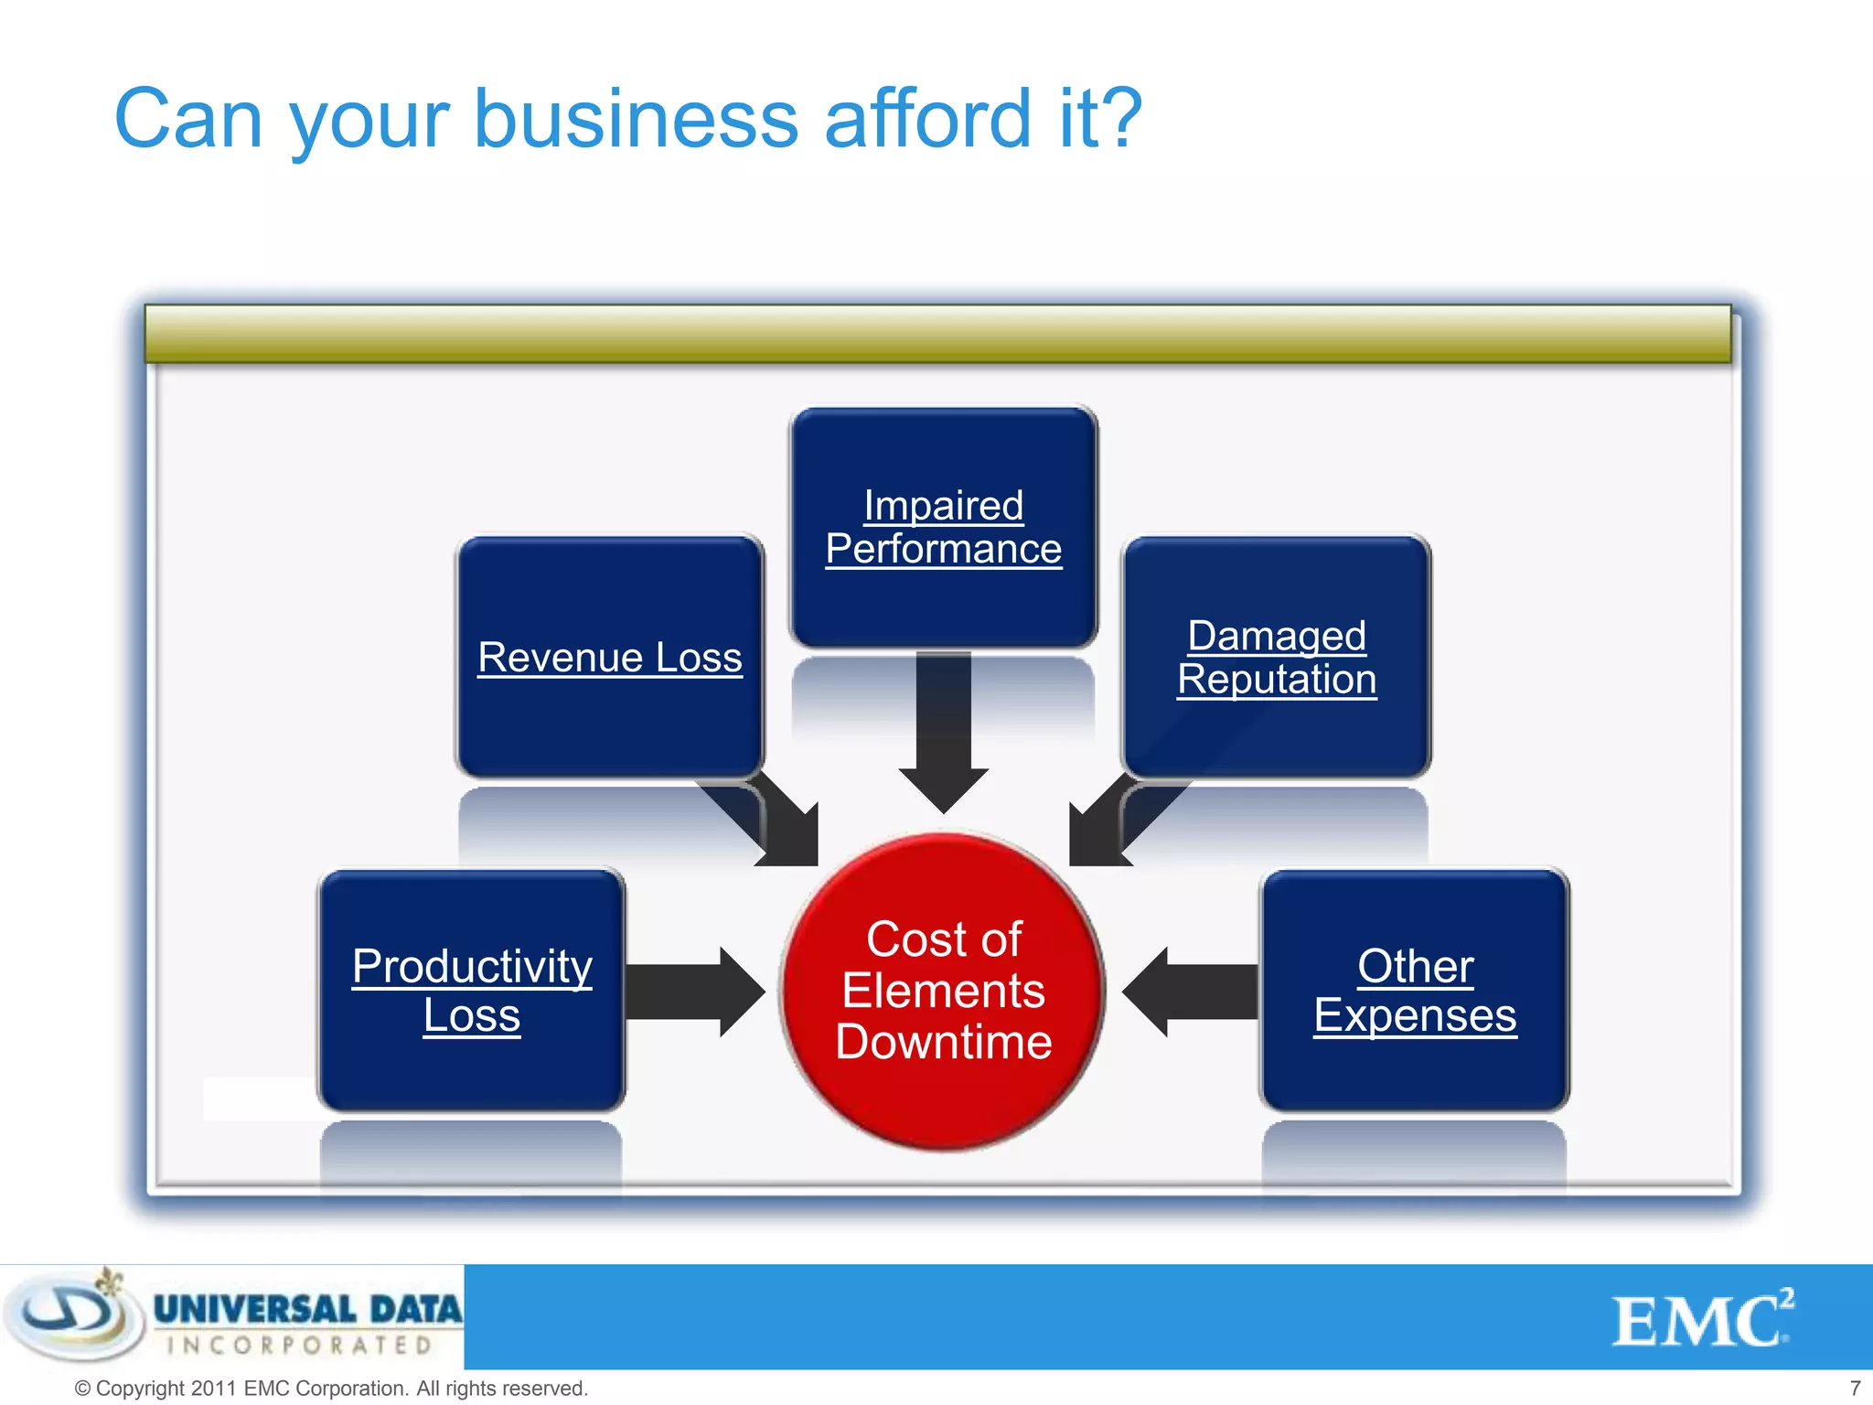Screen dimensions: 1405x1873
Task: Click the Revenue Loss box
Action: click(610, 657)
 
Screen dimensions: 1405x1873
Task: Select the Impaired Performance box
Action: click(944, 527)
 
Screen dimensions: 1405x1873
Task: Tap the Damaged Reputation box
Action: click(1277, 657)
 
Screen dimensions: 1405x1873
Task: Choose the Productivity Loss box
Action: click(472, 991)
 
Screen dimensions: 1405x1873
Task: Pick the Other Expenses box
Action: click(1415, 991)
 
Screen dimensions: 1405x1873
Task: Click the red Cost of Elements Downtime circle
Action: click(944, 991)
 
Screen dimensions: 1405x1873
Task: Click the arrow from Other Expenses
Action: click(1189, 992)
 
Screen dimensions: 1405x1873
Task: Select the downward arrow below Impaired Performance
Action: click(944, 732)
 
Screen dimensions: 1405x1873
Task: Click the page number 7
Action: click(1855, 1388)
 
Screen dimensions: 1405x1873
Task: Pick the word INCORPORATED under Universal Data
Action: click(300, 1346)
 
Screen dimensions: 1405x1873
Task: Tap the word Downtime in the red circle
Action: click(944, 1042)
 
